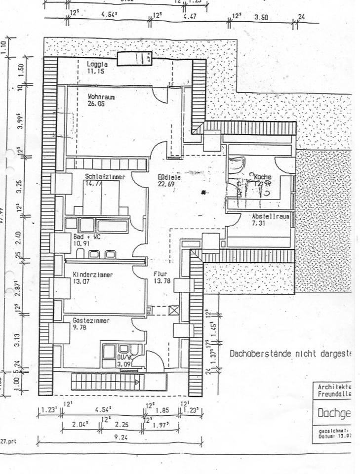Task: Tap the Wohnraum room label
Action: [101, 97]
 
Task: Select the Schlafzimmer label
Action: [104, 177]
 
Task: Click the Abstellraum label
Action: [270, 217]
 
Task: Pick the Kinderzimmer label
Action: [92, 275]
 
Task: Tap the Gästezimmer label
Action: [91, 321]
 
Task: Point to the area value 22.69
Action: [166, 184]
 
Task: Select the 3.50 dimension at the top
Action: [261, 17]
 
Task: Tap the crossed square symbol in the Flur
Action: [173, 310]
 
